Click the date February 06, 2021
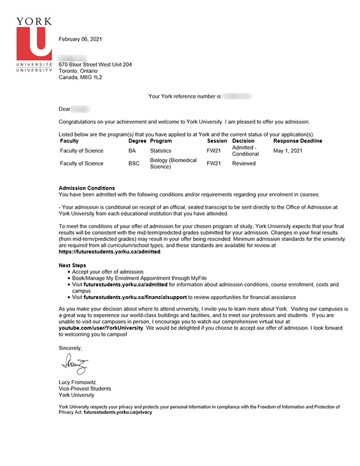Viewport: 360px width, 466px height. point(80,40)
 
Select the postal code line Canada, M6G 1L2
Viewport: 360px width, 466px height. point(80,77)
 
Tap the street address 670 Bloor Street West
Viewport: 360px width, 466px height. point(95,64)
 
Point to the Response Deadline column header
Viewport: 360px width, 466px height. point(298,141)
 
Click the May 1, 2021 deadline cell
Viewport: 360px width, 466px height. point(287,151)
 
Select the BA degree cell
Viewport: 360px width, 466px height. point(132,151)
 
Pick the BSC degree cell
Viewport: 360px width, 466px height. point(134,163)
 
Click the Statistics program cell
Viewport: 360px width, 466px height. point(161,151)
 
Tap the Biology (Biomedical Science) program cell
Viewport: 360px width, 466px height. point(173,163)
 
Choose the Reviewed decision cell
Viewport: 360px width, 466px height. point(244,163)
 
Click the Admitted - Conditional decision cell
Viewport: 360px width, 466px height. point(245,151)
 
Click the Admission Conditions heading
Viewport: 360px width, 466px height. point(86,189)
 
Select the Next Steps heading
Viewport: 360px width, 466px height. point(73,265)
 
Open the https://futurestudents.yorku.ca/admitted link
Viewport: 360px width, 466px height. point(110,252)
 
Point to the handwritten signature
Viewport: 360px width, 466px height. point(74,363)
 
